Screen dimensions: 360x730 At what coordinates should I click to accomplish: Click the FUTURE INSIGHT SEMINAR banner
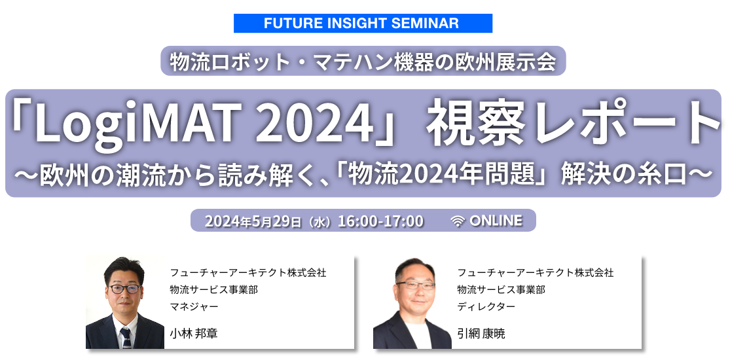click(x=363, y=24)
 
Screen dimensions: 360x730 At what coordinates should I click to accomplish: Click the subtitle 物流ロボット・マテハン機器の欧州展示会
click(x=363, y=62)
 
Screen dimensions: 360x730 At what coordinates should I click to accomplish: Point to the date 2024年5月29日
click(x=252, y=221)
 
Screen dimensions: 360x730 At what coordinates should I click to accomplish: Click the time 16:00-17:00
click(x=380, y=221)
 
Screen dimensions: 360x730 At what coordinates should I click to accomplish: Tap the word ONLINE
click(x=496, y=221)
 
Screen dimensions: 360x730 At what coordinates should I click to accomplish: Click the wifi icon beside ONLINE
click(x=458, y=221)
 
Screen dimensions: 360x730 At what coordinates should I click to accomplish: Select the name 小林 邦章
click(x=193, y=333)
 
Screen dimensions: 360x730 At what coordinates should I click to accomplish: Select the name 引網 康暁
click(x=481, y=333)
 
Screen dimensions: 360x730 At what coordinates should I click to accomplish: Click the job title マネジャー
click(x=194, y=306)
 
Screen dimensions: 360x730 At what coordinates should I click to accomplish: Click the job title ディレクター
click(x=486, y=306)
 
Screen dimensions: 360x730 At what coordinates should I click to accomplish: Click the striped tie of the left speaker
click(x=125, y=336)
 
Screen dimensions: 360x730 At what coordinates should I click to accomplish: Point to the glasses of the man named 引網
click(x=414, y=285)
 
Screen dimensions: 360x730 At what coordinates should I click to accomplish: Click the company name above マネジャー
click(x=247, y=272)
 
